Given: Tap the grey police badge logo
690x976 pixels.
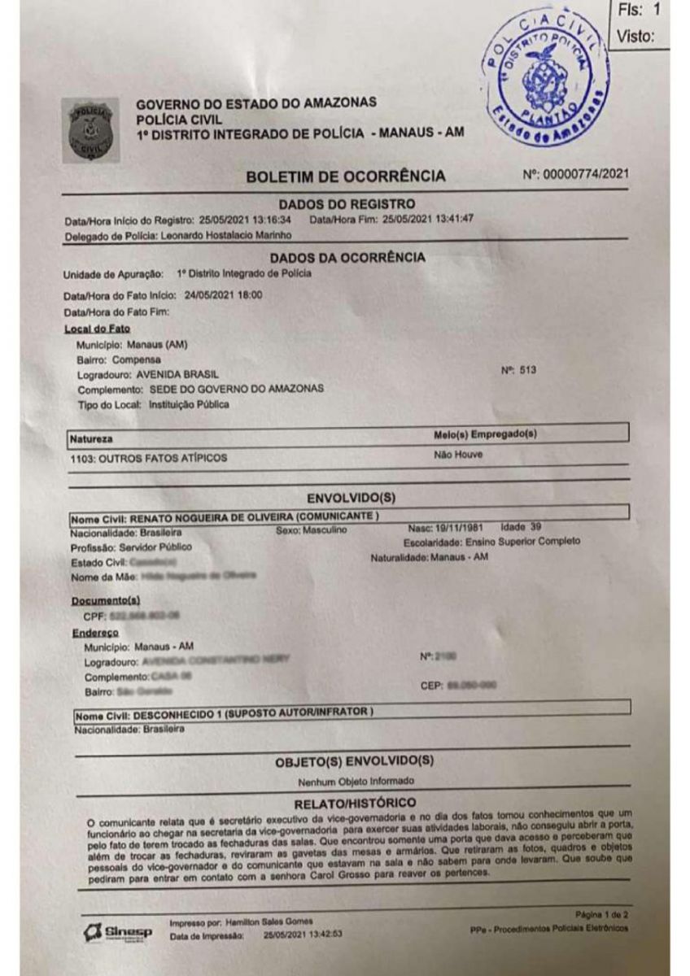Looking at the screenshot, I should click(x=89, y=128).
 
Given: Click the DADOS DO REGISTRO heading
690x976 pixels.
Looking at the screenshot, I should click(x=347, y=203).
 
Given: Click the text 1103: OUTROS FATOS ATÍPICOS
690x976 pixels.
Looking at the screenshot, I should click(x=149, y=458).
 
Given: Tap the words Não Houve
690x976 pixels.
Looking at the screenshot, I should click(x=458, y=455).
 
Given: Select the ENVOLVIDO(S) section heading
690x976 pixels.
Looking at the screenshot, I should click(x=351, y=498).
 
